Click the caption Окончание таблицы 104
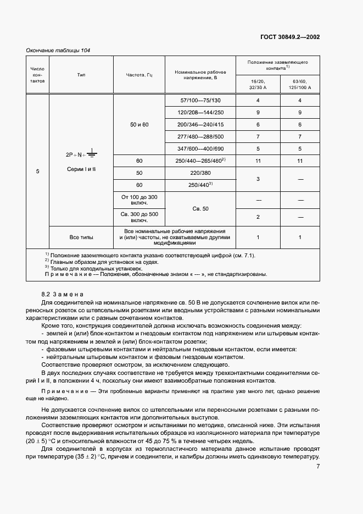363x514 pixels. [x=58, y=51]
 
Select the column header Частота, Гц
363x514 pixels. [x=139, y=74]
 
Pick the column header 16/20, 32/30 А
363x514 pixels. [x=258, y=84]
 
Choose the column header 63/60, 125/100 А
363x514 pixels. [x=300, y=84]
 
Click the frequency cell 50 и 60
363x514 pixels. [x=139, y=125]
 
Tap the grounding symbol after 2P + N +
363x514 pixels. [x=92, y=154]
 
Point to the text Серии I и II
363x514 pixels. [x=81, y=169]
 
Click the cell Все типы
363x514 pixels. [x=81, y=237]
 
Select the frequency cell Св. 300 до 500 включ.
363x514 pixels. [x=139, y=217]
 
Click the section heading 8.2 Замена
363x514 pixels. [x=62, y=295]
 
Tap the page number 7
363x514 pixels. [x=318, y=466]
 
